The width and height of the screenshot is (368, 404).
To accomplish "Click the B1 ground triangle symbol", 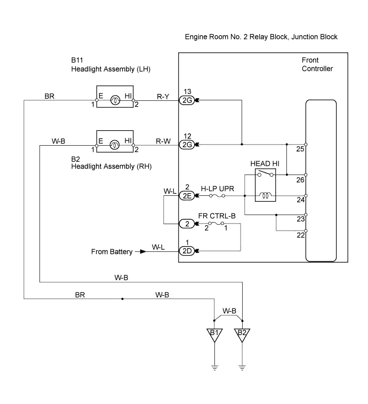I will pos(214,335).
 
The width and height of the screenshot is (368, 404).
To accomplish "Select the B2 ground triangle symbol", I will pos(243,335).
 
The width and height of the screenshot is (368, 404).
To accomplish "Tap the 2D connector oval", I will pos(187,251).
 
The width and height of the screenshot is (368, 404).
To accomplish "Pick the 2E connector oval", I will pos(187,196).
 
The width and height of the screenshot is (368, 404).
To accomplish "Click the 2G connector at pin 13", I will pos(187,100).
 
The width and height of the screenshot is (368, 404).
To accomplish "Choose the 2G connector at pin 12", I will pos(187,145).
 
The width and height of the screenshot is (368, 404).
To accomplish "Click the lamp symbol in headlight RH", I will pos(114,144).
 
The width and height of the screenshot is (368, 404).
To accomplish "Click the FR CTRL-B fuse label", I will pos(217,216).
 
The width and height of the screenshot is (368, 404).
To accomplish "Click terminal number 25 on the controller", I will pos(300,149).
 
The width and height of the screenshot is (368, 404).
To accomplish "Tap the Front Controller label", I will pos(317,65).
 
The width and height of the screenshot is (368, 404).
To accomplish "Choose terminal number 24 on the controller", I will pos(300,201).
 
